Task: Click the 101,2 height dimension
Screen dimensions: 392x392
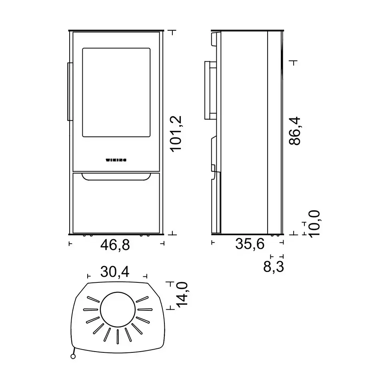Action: pos(176,134)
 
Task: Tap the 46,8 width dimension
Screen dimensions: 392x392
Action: pos(115,245)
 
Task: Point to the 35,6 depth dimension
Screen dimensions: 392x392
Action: pos(250,244)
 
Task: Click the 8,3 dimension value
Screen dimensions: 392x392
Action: pos(274,266)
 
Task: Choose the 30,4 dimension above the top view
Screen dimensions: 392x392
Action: pos(115,272)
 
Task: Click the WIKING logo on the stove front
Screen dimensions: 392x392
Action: pos(116,160)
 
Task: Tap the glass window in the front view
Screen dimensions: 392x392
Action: pos(116,92)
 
